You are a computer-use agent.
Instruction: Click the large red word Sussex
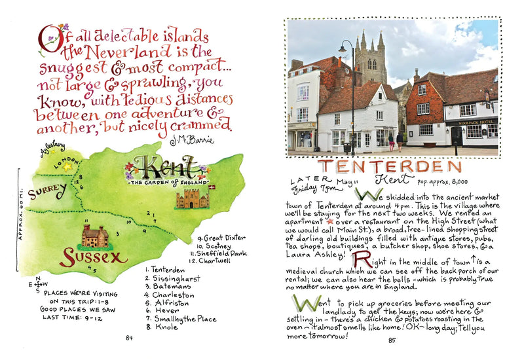[x=93, y=257]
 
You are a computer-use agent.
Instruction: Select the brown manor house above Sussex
[x=95, y=235]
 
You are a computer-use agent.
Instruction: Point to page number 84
[x=129, y=338]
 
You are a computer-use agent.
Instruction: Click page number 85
[x=392, y=340]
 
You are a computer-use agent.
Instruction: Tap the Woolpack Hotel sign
[x=477, y=120]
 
